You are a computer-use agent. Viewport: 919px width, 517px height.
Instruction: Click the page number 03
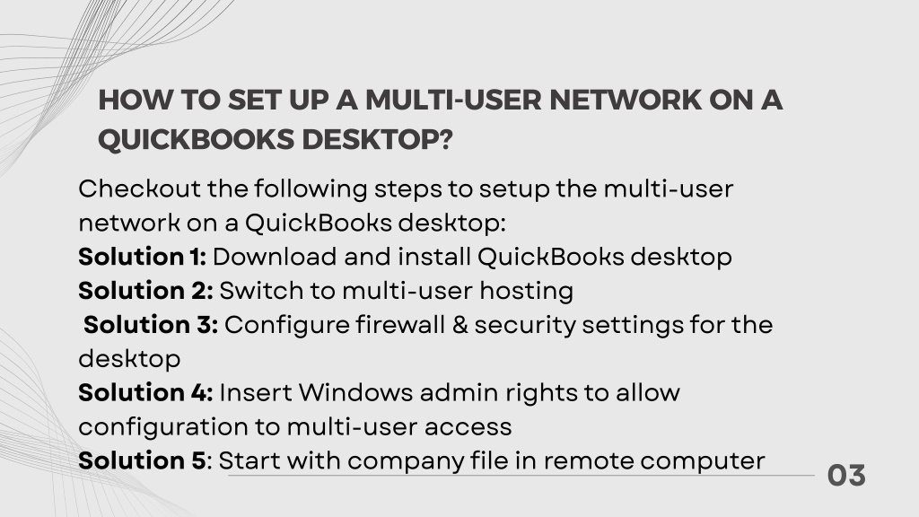click(x=846, y=476)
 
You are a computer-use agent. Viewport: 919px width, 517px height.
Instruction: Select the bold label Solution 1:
click(x=143, y=257)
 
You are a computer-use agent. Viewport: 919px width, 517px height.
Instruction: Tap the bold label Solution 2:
click(x=146, y=291)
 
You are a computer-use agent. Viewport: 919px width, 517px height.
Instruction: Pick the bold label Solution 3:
click(x=151, y=325)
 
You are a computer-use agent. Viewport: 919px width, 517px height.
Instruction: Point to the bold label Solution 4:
click(x=146, y=393)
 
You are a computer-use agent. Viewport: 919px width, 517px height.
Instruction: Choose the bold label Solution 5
click(x=143, y=460)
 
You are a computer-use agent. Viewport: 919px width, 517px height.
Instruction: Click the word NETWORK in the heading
click(x=626, y=101)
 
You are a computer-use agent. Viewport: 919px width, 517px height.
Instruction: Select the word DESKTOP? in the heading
click(x=378, y=139)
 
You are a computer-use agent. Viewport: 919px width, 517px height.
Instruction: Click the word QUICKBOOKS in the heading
click(x=197, y=140)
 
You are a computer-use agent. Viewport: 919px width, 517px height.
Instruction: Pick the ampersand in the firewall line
click(x=460, y=325)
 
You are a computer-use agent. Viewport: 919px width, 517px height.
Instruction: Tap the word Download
click(x=275, y=257)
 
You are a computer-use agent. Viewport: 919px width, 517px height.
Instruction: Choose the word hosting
click(x=526, y=292)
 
